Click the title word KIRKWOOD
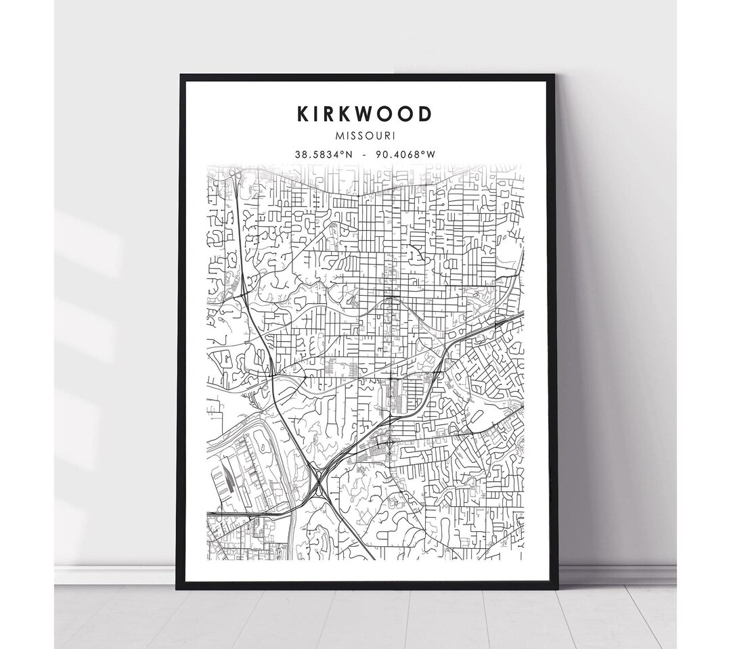(364, 114)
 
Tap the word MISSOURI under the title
(364, 136)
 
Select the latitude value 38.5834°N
(323, 154)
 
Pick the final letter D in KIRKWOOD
(424, 114)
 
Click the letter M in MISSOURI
(339, 136)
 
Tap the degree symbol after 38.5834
(343, 153)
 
